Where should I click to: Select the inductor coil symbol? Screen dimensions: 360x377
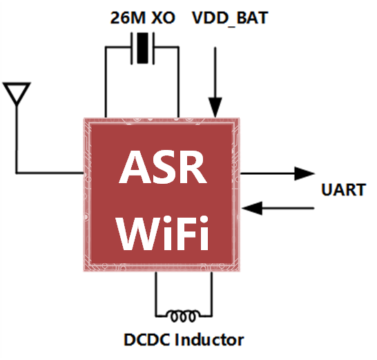tap(183, 315)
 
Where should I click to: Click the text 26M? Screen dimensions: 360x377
tap(125, 17)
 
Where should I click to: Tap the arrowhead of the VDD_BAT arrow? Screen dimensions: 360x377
tap(216, 108)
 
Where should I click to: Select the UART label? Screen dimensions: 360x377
tap(343, 189)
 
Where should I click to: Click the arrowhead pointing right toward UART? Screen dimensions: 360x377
tap(304, 173)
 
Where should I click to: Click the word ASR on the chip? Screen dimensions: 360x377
tap(164, 167)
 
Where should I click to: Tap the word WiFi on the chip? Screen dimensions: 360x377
tap(164, 231)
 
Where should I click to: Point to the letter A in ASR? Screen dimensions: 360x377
tap(131, 167)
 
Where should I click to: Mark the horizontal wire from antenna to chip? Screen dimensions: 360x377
tap(48, 172)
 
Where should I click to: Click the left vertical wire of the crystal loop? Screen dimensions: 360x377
tap(105, 83)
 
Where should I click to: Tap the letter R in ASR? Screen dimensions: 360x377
tap(195, 167)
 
